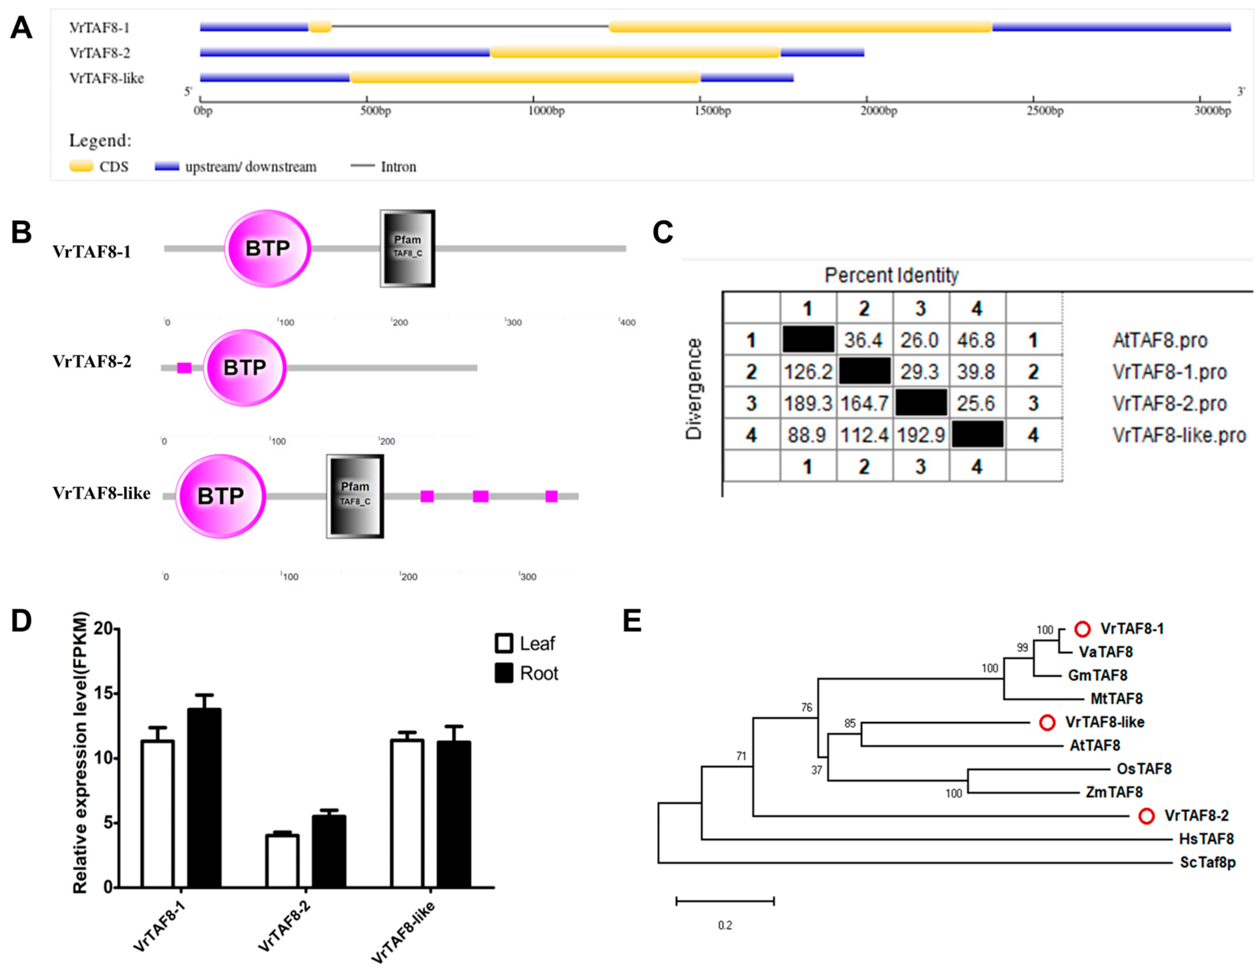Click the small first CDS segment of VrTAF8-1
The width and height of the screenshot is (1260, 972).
tap(320, 27)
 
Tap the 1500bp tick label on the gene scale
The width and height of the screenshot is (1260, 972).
tap(713, 111)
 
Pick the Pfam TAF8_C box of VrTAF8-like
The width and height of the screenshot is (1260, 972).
tap(355, 496)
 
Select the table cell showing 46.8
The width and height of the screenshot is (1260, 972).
tap(976, 340)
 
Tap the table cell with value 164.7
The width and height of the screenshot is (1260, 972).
tap(864, 403)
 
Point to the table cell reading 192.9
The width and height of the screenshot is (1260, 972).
tap(920, 434)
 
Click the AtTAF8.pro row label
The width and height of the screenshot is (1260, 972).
tap(1160, 340)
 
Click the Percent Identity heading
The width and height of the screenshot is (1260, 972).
tap(891, 275)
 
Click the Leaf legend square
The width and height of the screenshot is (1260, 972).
tap(504, 643)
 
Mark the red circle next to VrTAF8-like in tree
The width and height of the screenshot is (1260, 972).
tap(1047, 722)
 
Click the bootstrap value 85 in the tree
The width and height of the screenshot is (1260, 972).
tap(849, 723)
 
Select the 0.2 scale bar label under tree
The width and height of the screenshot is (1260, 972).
tap(725, 925)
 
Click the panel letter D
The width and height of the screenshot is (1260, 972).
tap(22, 621)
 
